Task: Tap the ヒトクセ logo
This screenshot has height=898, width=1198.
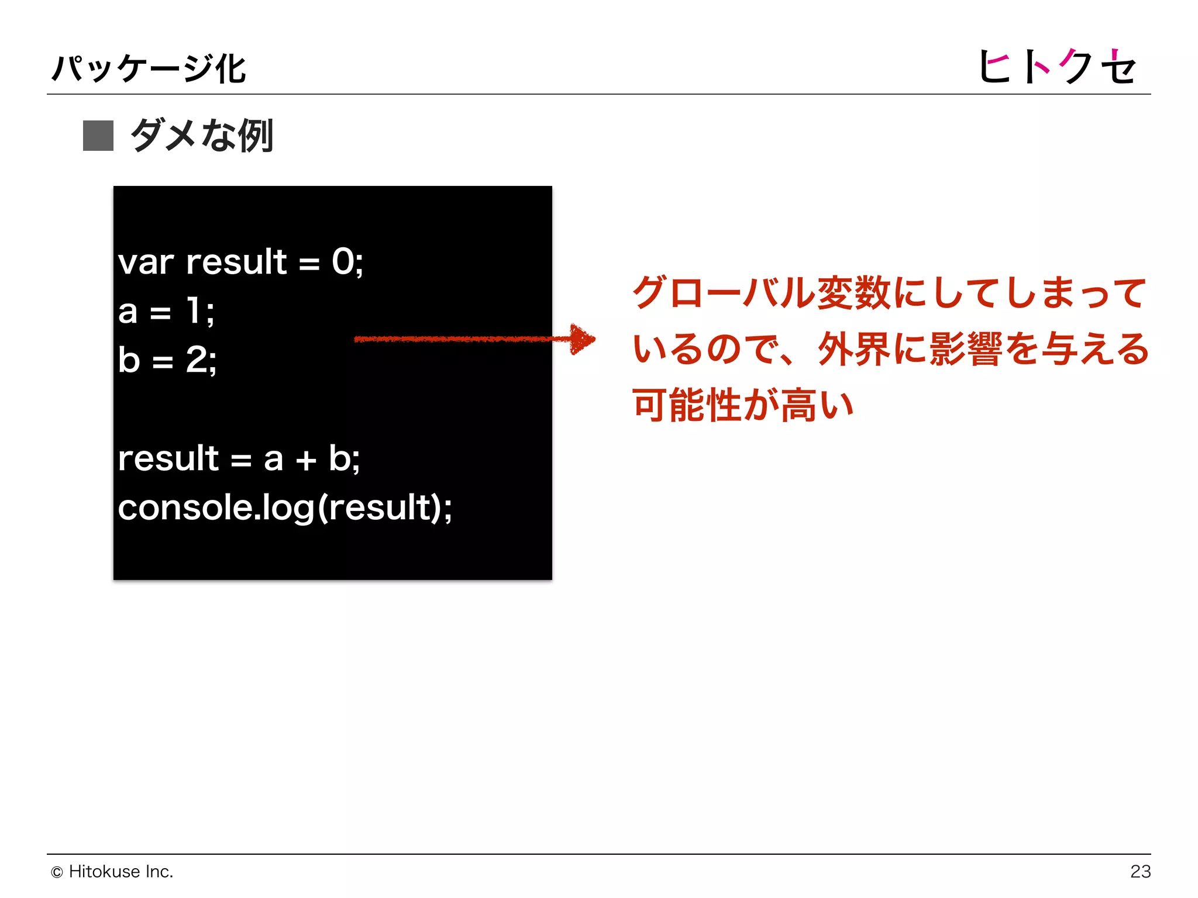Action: click(1056, 67)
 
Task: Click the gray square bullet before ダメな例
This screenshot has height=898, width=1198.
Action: click(98, 136)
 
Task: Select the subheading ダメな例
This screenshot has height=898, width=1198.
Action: click(202, 136)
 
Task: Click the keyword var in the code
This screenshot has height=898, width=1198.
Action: click(146, 263)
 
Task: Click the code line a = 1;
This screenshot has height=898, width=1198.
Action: click(166, 311)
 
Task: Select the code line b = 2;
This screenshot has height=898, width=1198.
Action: click(167, 360)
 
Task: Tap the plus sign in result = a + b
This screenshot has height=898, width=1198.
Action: click(305, 460)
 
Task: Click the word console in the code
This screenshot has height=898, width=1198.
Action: click(185, 507)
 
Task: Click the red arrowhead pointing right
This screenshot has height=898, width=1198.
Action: click(581, 339)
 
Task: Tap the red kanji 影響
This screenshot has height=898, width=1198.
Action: click(966, 349)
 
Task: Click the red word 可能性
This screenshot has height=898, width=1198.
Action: click(688, 405)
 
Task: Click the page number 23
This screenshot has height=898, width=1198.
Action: click(1140, 872)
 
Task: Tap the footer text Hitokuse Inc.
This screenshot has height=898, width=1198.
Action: click(121, 872)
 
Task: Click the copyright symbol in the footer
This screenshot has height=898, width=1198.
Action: click(57, 872)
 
